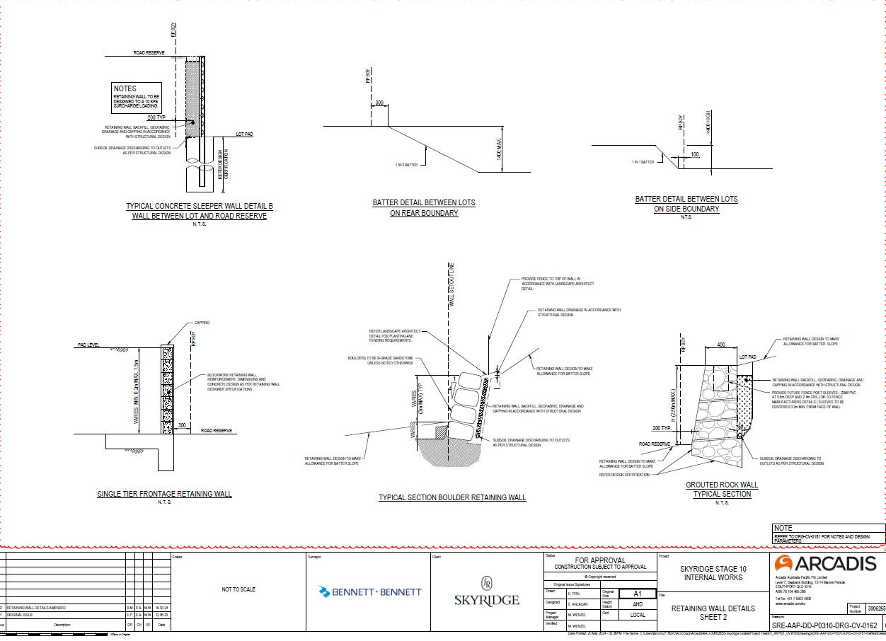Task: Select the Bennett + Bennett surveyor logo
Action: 370,591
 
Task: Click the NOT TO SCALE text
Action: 238,589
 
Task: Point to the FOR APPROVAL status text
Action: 600,560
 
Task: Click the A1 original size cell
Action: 637,594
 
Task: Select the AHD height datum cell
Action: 637,605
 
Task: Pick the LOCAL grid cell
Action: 637,615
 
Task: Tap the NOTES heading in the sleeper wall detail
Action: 125,89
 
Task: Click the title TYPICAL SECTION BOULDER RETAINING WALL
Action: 452,497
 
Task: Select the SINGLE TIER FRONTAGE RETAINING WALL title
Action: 164,494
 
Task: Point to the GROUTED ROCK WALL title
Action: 722,485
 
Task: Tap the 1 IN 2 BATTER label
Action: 406,165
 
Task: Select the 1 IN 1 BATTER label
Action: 643,162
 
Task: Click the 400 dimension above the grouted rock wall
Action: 720,345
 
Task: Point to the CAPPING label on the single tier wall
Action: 202,323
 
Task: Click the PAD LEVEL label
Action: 88,346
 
